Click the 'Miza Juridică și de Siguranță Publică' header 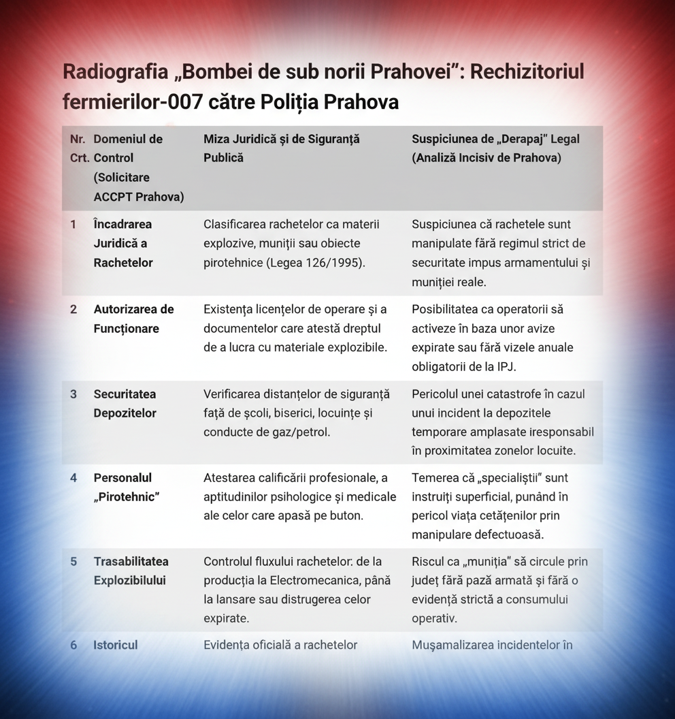tap(282, 148)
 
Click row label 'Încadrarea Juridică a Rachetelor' tap(123, 243)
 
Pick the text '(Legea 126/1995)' tap(318, 263)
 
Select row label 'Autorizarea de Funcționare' tap(133, 319)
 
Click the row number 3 tap(73, 394)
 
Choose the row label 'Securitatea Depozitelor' tap(125, 404)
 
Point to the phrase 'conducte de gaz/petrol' tap(267, 432)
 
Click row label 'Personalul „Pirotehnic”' tap(127, 487)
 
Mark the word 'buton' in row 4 tap(346, 515)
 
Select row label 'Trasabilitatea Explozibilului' tap(131, 571)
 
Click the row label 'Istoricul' tap(115, 645)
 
